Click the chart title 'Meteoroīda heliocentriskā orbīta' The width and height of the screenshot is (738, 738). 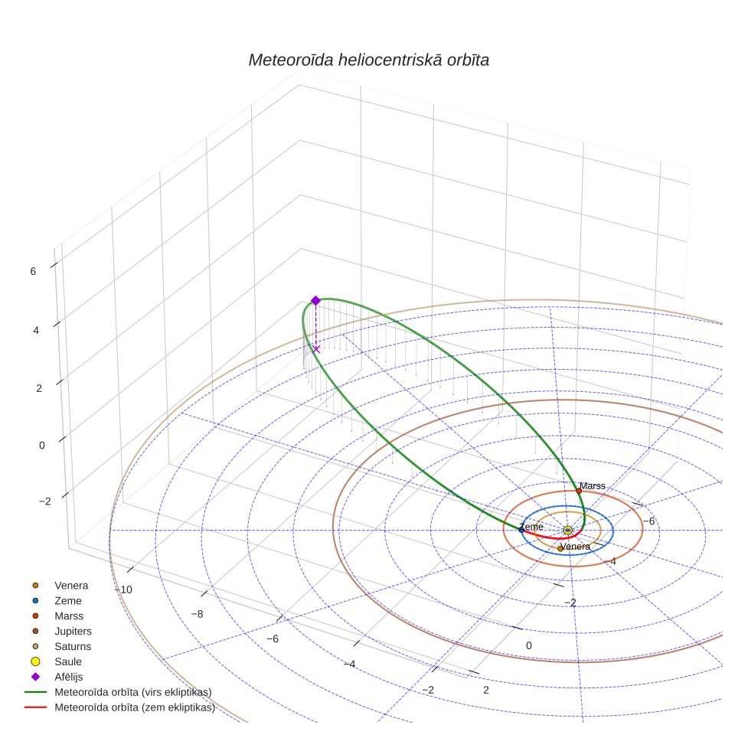pos(368,60)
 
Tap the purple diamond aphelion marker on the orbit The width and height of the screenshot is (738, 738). pos(316,301)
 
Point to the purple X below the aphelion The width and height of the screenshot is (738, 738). pos(316,349)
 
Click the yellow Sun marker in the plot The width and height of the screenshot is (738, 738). pos(567,531)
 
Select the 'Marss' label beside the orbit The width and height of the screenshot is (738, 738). pos(592,485)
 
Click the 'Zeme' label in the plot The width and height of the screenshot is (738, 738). pos(531,527)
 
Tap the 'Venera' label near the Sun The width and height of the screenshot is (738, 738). pos(575,547)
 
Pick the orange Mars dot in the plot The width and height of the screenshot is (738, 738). pos(579,491)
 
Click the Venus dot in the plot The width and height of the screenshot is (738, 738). pos(560,548)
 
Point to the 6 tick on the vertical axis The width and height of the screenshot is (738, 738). pos(33,271)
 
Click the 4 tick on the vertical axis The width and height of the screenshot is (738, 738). pos(36,330)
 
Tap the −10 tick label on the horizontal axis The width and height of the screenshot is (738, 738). pos(124,589)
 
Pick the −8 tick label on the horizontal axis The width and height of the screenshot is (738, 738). pos(198,614)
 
